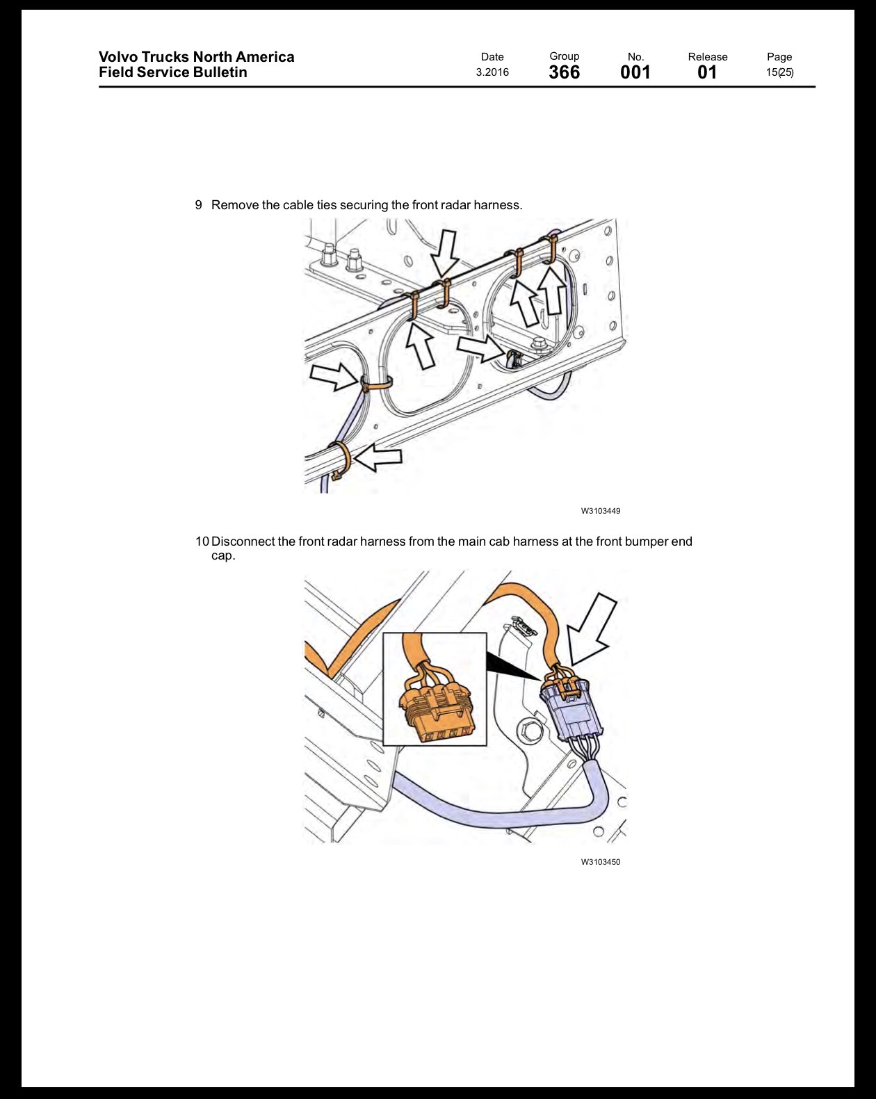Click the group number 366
pyautogui.click(x=564, y=72)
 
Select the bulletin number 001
pyautogui.click(x=635, y=72)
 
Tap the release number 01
pyautogui.click(x=707, y=72)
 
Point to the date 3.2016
pyautogui.click(x=492, y=72)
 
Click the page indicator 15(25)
pyautogui.click(x=779, y=72)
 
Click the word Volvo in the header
pyautogui.click(x=117, y=57)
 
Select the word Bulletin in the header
pyautogui.click(x=220, y=72)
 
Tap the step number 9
pyautogui.click(x=199, y=205)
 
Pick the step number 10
pyautogui.click(x=202, y=542)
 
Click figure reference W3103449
pyautogui.click(x=601, y=511)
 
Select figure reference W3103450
pyautogui.click(x=601, y=862)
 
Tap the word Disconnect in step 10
pyautogui.click(x=243, y=542)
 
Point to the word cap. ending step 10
pyautogui.click(x=223, y=555)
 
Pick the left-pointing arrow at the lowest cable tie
pyautogui.click(x=378, y=457)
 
